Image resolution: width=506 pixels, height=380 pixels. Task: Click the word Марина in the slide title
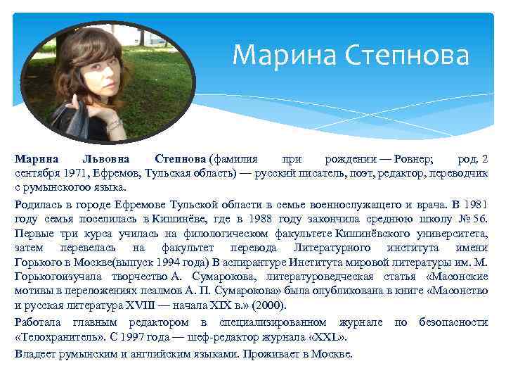275,53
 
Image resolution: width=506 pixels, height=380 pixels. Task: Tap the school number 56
480,220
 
